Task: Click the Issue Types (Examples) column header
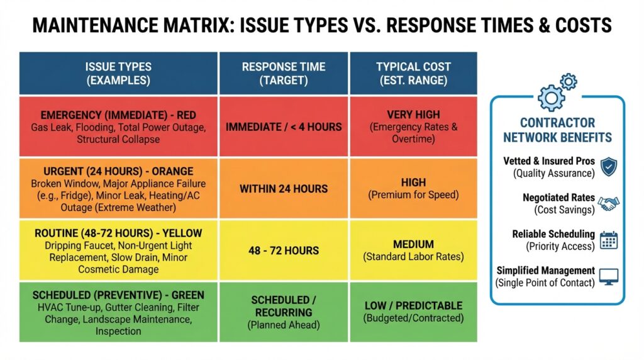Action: coord(118,73)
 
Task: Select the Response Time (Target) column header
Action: coord(284,73)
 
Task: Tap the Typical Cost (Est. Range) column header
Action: coord(413,73)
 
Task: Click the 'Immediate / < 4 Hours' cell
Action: coord(284,127)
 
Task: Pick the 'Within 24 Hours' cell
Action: coord(284,189)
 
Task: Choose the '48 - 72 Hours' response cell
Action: coord(284,250)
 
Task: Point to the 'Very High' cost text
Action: coord(413,115)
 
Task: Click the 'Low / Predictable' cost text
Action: coord(413,306)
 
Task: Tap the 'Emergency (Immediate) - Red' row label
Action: coord(118,115)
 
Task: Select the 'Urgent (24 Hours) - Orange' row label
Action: coord(118,171)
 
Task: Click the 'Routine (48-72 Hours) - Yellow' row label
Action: coord(118,233)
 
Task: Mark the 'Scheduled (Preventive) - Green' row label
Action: coord(118,295)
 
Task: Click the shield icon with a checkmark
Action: coord(609,167)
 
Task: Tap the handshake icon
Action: coord(608,203)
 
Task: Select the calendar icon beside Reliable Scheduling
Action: coord(609,240)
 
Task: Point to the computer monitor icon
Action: coord(609,276)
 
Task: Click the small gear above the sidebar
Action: coord(569,82)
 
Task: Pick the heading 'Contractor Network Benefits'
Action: coord(557,130)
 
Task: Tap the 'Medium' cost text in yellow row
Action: coord(413,245)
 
